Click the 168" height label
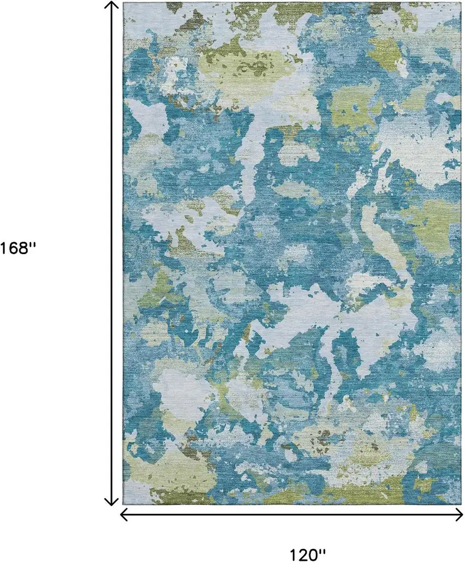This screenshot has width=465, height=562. (18, 248)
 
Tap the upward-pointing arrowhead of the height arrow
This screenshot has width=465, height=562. (112, 5)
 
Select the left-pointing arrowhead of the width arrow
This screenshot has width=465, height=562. (125, 514)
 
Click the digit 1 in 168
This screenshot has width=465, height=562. (3, 248)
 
